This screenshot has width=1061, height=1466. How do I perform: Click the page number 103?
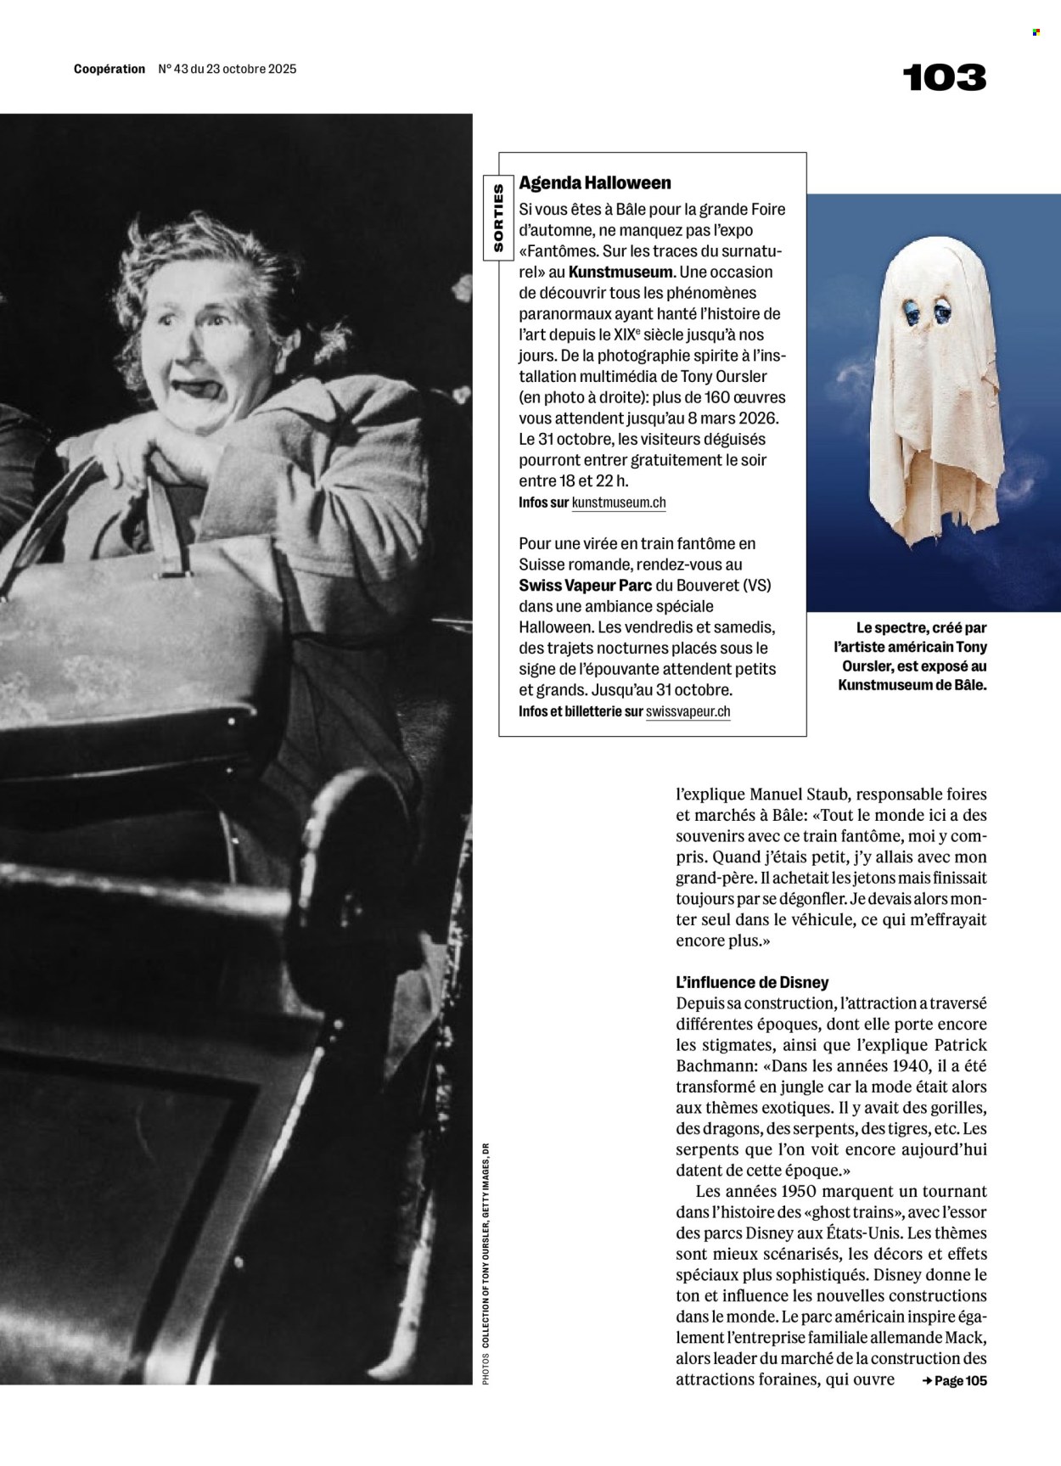[x=944, y=78]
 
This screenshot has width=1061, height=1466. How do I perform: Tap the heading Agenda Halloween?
[x=595, y=183]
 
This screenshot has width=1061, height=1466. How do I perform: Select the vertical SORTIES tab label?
[x=498, y=217]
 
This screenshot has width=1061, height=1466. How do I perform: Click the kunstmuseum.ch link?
[x=619, y=503]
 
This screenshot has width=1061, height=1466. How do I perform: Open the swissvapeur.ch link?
[x=688, y=712]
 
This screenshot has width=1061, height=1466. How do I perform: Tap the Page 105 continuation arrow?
[x=954, y=1381]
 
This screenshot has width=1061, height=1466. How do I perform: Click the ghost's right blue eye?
[x=944, y=312]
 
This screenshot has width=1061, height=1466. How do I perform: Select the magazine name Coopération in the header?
[x=109, y=70]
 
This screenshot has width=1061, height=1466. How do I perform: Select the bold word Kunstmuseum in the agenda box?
[x=620, y=272]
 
